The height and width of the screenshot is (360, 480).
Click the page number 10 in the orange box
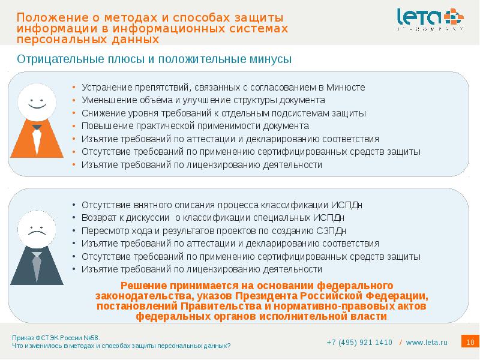click(470, 342)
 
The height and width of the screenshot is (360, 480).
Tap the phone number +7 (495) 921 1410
click(359, 343)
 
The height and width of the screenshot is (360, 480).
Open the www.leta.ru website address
click(427, 343)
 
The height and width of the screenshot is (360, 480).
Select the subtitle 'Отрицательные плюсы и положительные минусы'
click(154, 59)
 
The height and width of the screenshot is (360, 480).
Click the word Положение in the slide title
click(49, 18)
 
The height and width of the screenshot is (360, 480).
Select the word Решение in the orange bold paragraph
click(143, 285)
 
